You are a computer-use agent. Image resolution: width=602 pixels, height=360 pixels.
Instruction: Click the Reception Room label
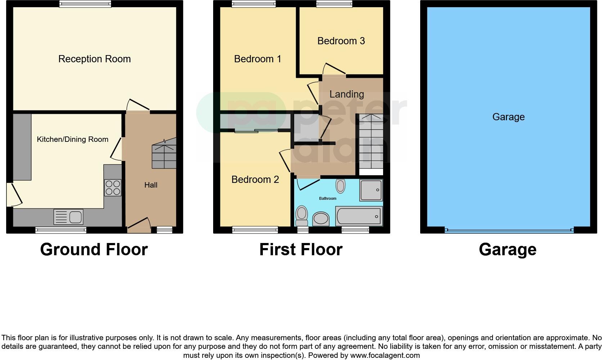click(x=94, y=59)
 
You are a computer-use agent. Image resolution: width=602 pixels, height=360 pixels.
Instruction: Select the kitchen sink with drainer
click(x=68, y=217)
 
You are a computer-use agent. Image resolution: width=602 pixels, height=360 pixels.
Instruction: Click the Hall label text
click(x=151, y=185)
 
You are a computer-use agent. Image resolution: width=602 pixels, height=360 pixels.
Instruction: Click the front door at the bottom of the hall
click(x=139, y=225)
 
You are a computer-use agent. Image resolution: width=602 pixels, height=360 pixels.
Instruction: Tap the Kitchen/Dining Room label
click(x=72, y=139)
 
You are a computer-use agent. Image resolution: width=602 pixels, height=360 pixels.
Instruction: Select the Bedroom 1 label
click(x=257, y=59)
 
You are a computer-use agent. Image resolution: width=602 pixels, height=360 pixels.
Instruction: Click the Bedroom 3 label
click(x=341, y=41)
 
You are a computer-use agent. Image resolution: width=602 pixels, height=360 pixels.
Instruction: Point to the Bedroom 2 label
click(x=255, y=180)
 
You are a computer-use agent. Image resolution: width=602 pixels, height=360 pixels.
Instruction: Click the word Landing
click(x=347, y=94)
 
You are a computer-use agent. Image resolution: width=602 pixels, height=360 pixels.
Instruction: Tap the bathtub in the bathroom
click(x=359, y=216)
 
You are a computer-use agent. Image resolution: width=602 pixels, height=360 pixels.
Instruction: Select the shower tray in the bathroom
click(x=371, y=190)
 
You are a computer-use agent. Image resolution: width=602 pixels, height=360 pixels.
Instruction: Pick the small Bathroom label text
click(x=328, y=198)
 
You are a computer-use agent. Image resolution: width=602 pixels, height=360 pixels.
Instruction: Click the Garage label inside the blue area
click(x=508, y=117)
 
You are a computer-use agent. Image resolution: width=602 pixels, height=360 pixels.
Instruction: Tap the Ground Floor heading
click(x=94, y=249)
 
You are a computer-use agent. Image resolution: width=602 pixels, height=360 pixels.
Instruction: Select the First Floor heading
click(x=301, y=249)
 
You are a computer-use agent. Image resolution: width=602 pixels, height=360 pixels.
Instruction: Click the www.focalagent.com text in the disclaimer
click(x=385, y=356)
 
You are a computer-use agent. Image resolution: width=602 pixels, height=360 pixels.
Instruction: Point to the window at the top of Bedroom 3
click(x=334, y=4)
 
